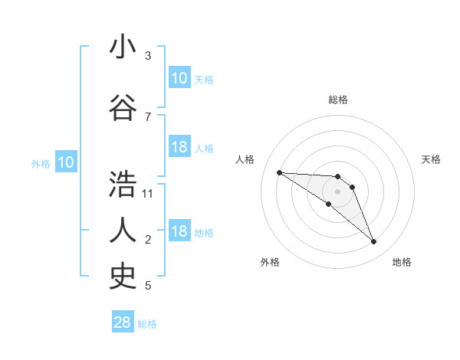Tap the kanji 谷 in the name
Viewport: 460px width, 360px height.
click(x=123, y=107)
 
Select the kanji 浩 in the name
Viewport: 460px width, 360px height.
click(x=123, y=185)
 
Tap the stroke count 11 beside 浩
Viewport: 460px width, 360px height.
click(x=148, y=193)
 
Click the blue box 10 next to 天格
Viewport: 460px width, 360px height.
click(x=179, y=78)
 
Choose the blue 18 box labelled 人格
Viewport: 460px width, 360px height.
click(x=179, y=147)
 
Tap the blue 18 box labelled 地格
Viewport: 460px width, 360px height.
click(x=179, y=232)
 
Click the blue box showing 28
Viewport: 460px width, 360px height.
click(x=123, y=322)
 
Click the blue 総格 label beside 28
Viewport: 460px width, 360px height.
click(x=147, y=324)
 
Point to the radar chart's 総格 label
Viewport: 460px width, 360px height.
click(x=337, y=100)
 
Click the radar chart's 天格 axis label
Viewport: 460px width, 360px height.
click(x=431, y=159)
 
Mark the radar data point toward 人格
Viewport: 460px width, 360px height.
click(x=279, y=172)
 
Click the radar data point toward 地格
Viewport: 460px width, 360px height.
click(x=373, y=242)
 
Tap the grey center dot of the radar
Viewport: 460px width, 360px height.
click(x=337, y=191)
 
